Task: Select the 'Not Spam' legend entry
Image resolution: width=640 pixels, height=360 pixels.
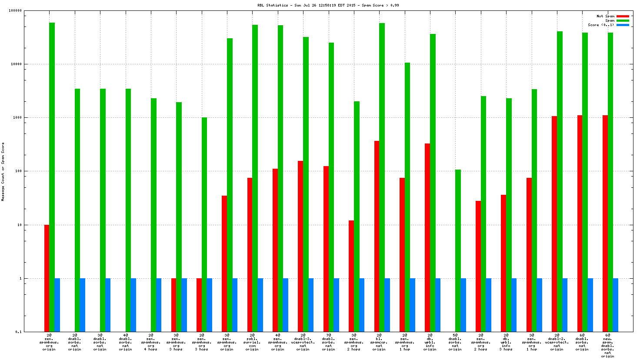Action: coord(605,16)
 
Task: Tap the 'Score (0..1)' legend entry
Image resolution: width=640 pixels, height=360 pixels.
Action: coord(601,25)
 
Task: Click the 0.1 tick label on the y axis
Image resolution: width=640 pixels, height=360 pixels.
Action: coord(18,332)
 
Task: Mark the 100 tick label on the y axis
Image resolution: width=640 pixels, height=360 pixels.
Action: coord(18,171)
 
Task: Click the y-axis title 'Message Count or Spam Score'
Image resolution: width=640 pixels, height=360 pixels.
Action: coord(3,171)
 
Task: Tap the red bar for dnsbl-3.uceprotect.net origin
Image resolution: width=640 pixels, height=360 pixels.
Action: coord(300,246)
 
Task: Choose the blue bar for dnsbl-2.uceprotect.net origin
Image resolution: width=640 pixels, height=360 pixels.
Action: coord(565,305)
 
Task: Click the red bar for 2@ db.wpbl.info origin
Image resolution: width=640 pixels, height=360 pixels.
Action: coord(427,237)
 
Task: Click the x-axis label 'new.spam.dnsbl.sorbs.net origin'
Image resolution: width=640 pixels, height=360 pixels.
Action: coord(607,346)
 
